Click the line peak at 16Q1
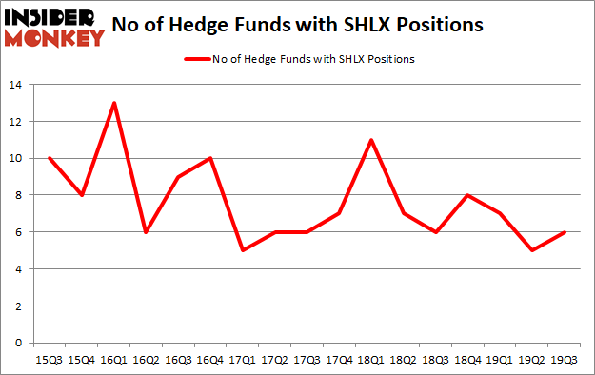[x=115, y=103]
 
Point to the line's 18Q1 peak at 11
[x=372, y=140]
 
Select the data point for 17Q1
[x=244, y=250]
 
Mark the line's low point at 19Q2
[x=533, y=250]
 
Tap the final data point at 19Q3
[x=565, y=232]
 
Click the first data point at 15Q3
[x=50, y=158]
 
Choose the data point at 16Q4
[x=211, y=158]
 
